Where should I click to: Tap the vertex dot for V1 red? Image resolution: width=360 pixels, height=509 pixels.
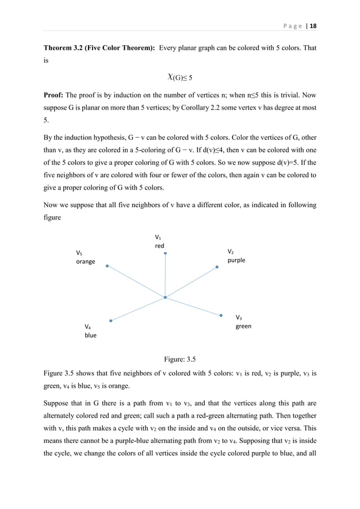coord(165,254)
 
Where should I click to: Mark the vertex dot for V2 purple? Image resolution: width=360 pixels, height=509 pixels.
coord(217,267)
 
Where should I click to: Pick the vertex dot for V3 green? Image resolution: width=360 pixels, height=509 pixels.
coord(221,315)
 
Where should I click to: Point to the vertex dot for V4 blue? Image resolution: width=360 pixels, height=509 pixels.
coord(111,321)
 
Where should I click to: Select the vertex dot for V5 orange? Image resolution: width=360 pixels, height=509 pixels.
coord(107,265)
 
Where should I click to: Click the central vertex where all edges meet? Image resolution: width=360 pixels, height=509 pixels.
coord(165,297)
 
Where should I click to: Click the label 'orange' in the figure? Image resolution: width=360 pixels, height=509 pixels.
coord(86,262)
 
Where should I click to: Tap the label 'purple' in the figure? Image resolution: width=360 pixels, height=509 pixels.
coord(236,260)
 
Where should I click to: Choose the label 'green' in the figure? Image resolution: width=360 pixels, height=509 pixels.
coord(243,326)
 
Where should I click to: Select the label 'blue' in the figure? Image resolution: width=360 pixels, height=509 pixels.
coord(90,335)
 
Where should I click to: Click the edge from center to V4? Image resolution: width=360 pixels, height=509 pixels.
coord(138,309)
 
